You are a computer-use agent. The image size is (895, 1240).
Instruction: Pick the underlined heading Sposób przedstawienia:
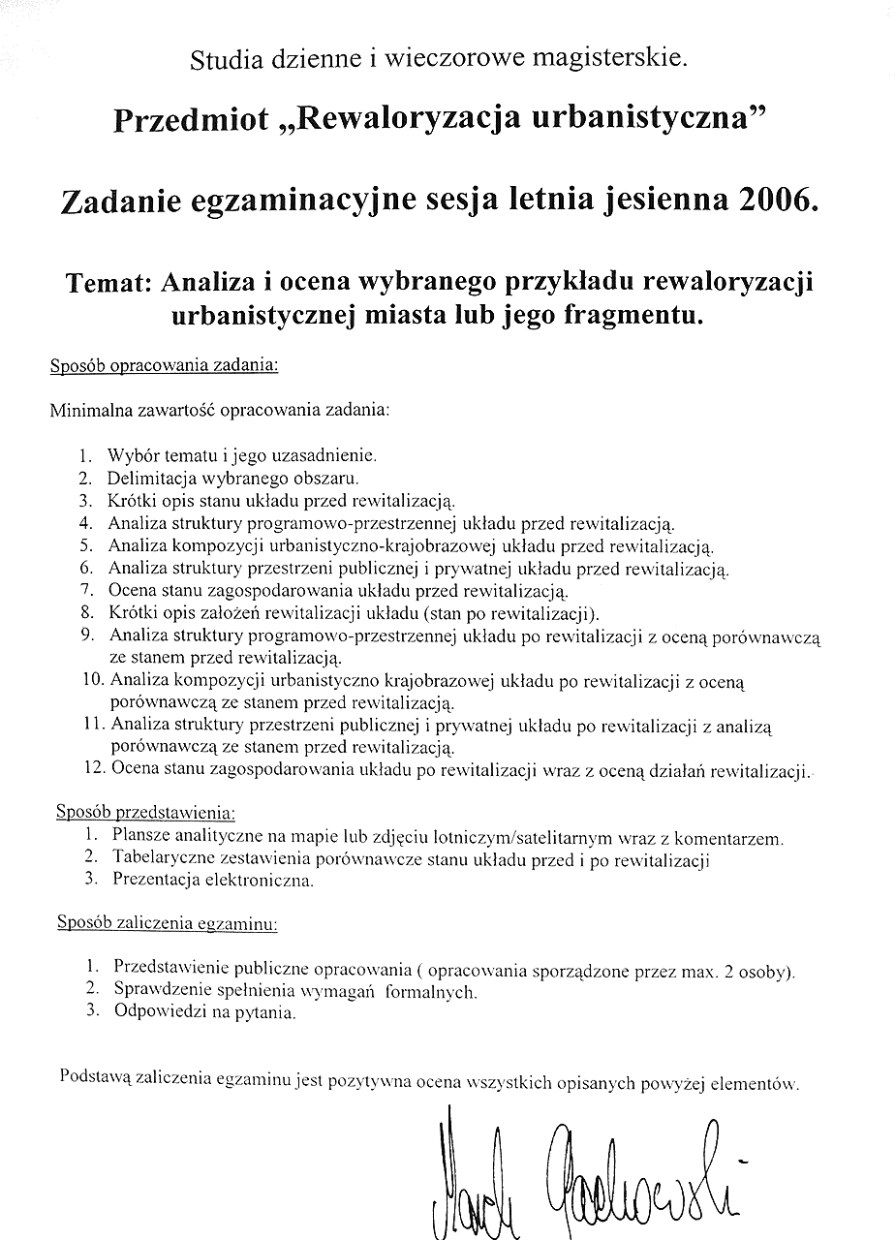(x=146, y=810)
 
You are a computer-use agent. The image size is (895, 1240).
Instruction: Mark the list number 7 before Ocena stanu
(x=86, y=590)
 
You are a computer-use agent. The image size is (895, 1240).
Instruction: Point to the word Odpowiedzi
(x=159, y=1013)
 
